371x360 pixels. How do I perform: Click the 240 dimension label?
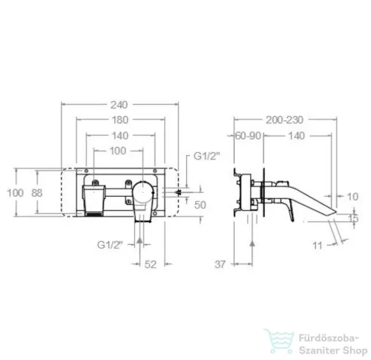tap(119, 105)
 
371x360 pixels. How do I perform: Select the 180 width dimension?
tap(120, 120)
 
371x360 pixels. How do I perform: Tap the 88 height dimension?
tap(37, 193)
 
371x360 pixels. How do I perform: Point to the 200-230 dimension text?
tap(284, 120)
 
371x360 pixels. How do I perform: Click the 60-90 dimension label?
tap(248, 136)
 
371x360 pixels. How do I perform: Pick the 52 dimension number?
tap(151, 264)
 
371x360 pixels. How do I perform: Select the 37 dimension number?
tap(220, 264)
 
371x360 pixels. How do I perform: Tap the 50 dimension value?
tap(200, 205)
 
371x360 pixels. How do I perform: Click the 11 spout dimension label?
tap(318, 246)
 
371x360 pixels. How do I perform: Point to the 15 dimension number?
tap(353, 218)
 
